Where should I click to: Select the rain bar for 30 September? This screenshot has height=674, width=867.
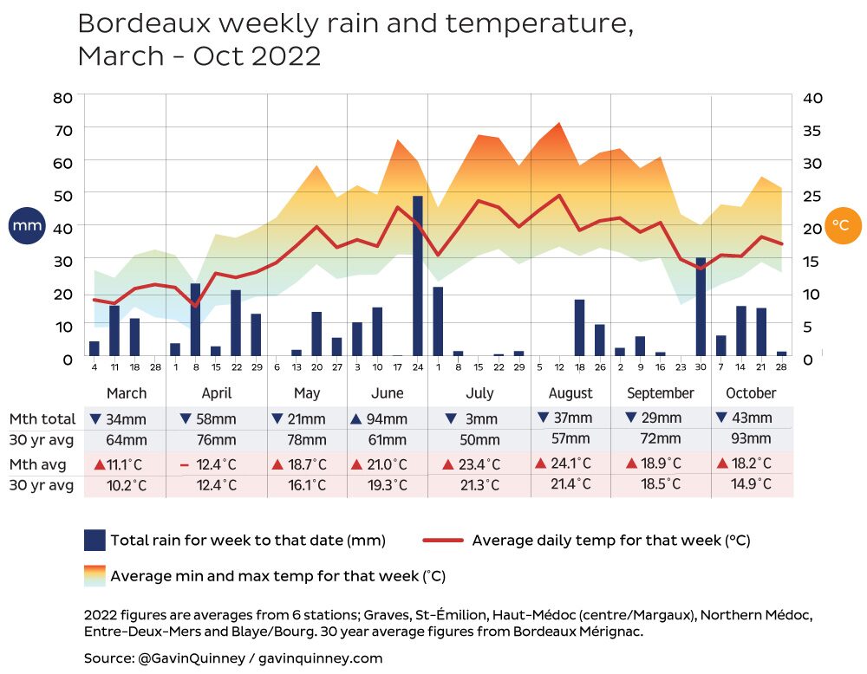tap(701, 307)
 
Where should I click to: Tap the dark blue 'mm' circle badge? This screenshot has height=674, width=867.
tap(27, 226)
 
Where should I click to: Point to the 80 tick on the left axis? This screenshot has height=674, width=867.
tap(62, 97)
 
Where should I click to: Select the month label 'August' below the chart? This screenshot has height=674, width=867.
tap(570, 393)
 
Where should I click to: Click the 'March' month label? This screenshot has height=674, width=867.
tap(127, 393)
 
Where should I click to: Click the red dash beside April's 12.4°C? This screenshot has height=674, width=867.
tap(184, 465)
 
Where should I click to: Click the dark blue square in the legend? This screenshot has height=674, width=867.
tap(95, 541)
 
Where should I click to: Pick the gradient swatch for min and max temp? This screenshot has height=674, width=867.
tap(95, 575)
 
